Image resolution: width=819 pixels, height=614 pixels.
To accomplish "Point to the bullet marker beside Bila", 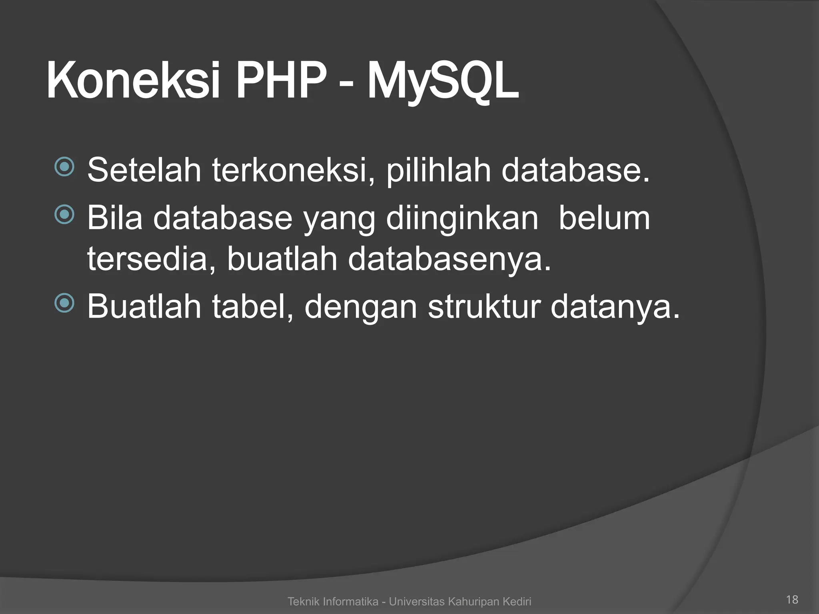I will coord(64,215).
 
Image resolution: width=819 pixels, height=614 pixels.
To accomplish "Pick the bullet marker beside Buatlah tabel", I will coord(64,303).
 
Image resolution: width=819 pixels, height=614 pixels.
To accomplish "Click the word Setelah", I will coord(144,170).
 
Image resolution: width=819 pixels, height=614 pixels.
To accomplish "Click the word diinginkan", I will coord(462,219).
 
